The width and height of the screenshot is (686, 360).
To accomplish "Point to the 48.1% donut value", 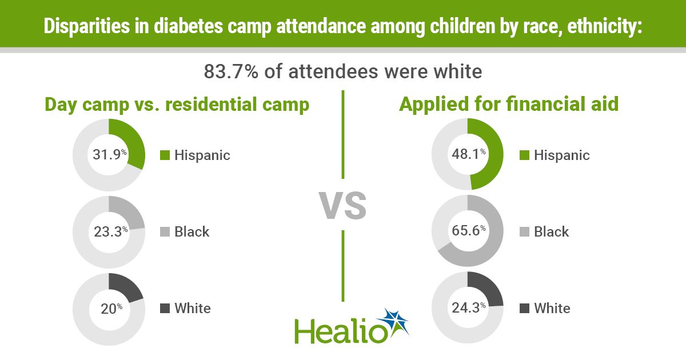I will click(468, 155).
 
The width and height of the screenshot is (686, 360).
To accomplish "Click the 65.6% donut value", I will click(468, 231).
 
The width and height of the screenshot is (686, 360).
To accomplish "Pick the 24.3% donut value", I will click(468, 308).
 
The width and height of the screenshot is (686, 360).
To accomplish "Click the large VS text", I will click(342, 206).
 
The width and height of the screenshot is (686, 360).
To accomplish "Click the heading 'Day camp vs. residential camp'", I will click(177, 105).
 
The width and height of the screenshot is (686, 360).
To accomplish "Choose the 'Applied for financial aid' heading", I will click(509, 105).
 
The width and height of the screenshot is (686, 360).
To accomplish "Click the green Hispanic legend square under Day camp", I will click(165, 155).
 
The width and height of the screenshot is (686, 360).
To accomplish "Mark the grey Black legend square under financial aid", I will click(525, 231).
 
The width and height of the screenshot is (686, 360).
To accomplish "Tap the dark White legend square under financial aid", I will click(525, 309).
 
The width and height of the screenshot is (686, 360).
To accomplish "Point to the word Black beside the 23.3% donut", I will click(192, 231).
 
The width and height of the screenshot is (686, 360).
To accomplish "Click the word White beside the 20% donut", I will click(193, 309).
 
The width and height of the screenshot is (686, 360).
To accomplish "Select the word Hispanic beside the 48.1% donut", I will click(561, 155).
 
